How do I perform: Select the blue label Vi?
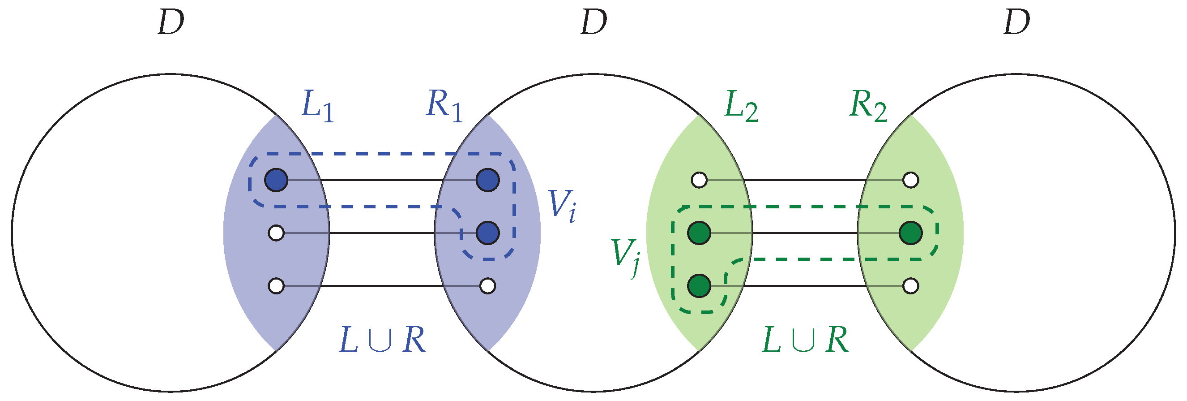click(561, 206)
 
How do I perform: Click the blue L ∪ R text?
click(381, 341)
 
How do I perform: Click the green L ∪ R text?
click(805, 341)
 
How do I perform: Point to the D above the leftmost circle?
click(171, 23)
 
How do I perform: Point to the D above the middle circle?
click(593, 23)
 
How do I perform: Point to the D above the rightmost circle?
click(1016, 23)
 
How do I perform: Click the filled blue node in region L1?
click(276, 180)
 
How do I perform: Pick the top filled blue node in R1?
click(487, 180)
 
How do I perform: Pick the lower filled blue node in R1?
click(487, 233)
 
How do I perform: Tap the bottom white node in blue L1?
click(276, 286)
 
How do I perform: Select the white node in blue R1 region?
click(487, 286)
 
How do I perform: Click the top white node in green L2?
click(700, 180)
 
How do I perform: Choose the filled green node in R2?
click(910, 233)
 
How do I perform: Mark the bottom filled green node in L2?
click(699, 286)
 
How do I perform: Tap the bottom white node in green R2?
click(910, 286)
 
